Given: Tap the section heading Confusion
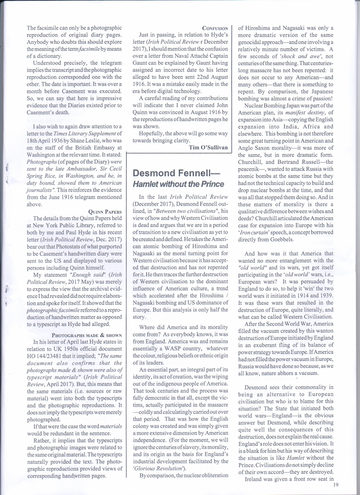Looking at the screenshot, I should pyautogui.click(x=215, y=28).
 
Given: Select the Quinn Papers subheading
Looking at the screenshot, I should pyautogui.click(x=105, y=212).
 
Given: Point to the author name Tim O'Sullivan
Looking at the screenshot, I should pyautogui.click(x=208, y=148).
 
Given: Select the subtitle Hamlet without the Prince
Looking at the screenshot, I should pyautogui.click(x=178, y=184).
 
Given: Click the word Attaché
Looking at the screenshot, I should pyautogui.click(x=188, y=56).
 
